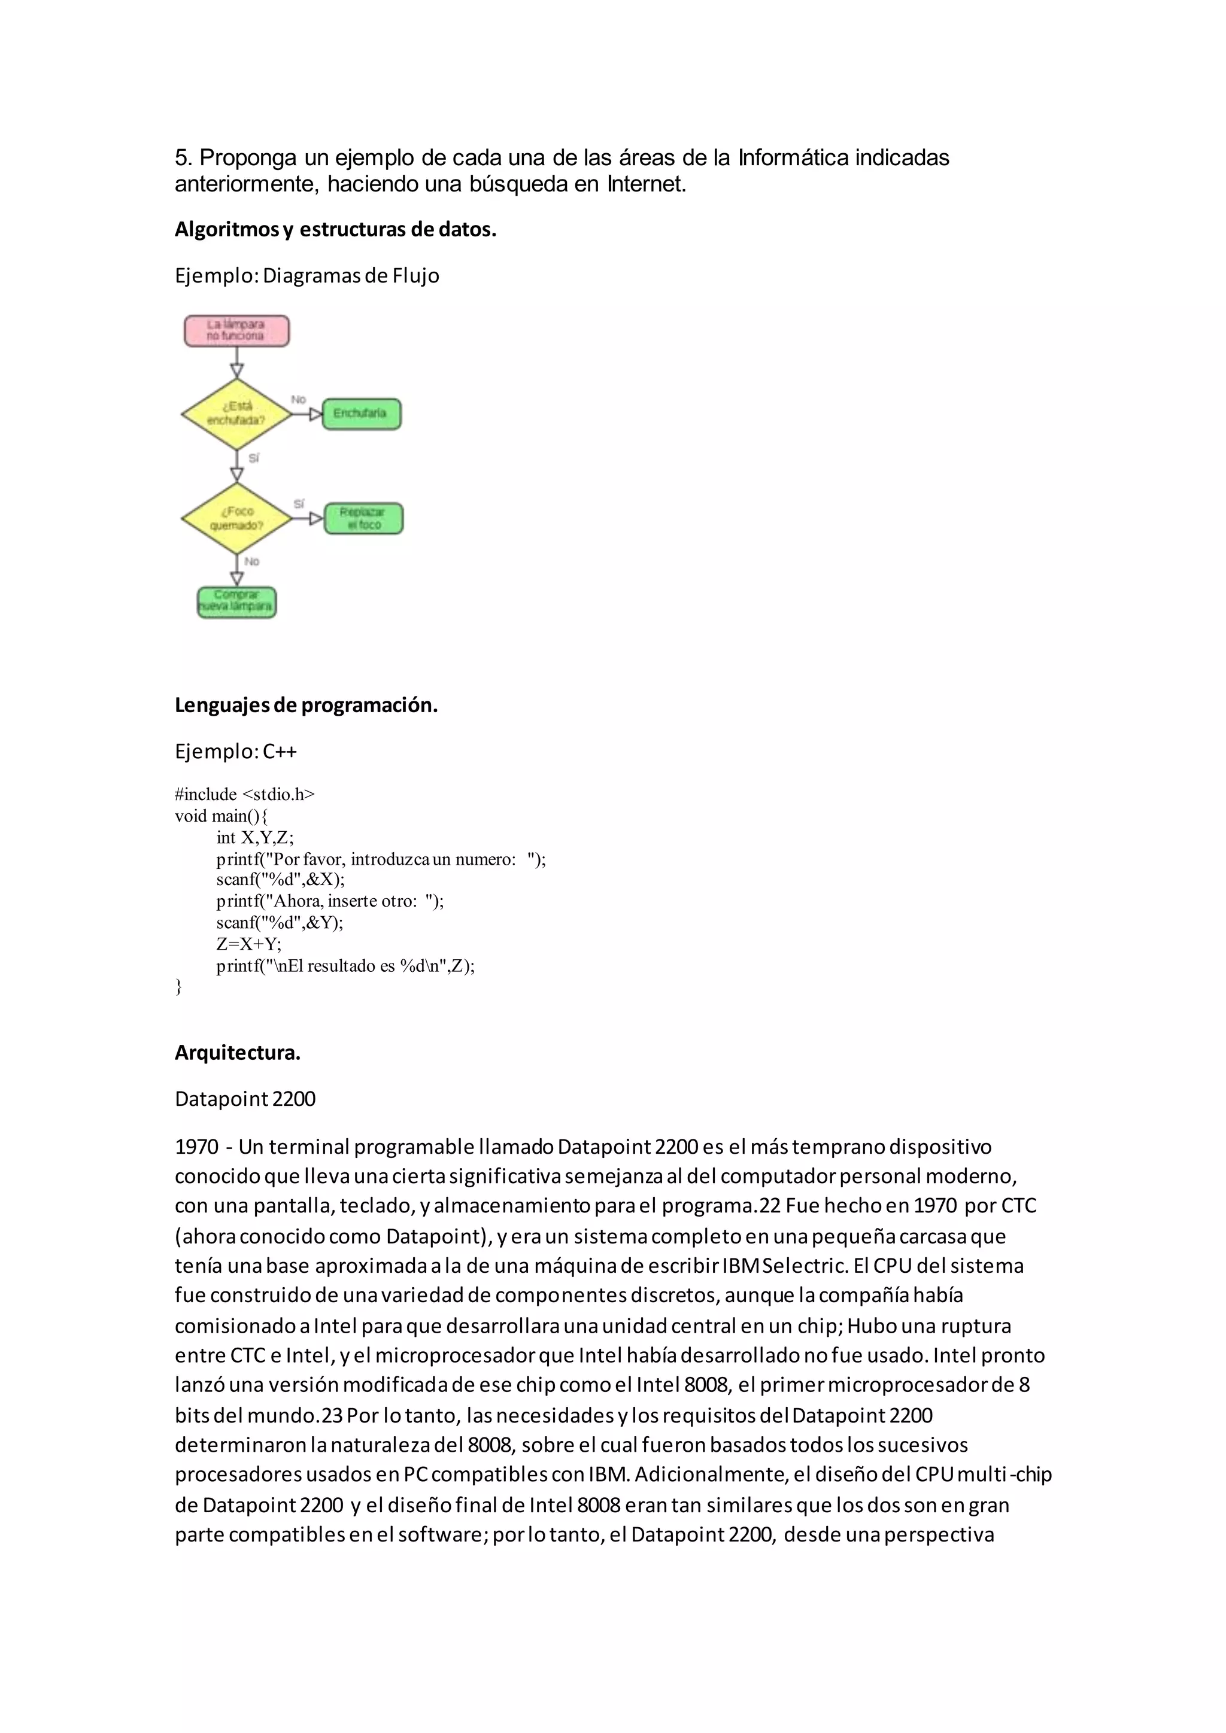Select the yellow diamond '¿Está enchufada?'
tap(236, 414)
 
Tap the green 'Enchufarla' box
tap(362, 414)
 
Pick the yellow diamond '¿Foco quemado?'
tap(236, 519)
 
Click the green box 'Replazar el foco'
tap(364, 519)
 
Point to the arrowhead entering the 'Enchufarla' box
tap(315, 414)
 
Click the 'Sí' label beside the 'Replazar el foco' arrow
tap(299, 503)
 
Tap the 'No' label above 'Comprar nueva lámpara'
tap(252, 561)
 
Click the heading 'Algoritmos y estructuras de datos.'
tap(335, 229)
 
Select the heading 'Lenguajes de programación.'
tap(306, 705)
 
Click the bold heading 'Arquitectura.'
tap(237, 1053)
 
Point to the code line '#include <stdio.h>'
tap(245, 794)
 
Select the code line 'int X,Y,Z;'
tap(254, 837)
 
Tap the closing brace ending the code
tap(179, 987)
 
